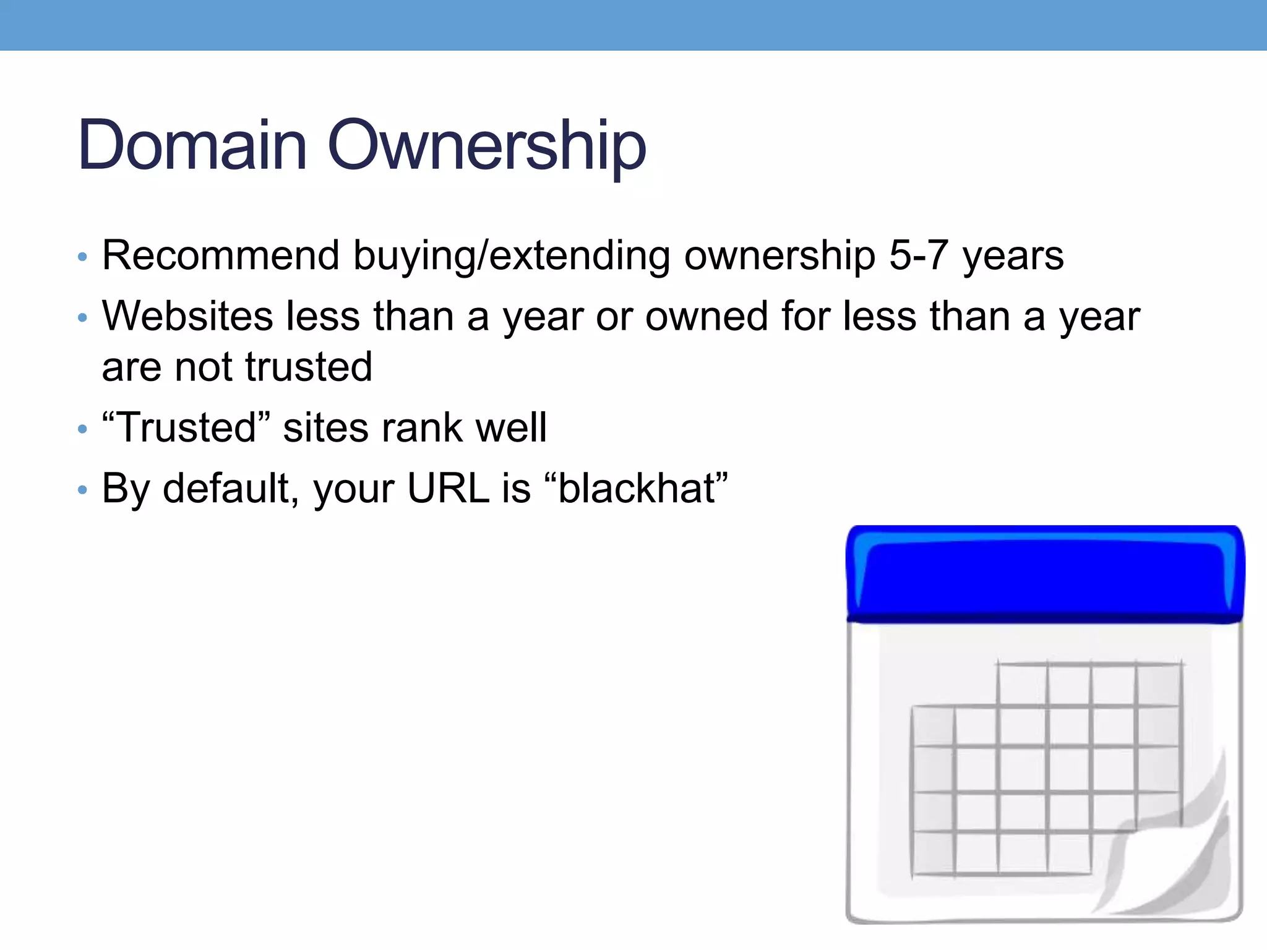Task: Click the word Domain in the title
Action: [x=192, y=145]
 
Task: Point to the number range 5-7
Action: [x=919, y=255]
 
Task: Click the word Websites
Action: [x=187, y=316]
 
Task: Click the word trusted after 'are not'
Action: [x=309, y=367]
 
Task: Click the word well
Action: [x=510, y=427]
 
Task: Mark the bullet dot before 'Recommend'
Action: [x=82, y=257]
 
